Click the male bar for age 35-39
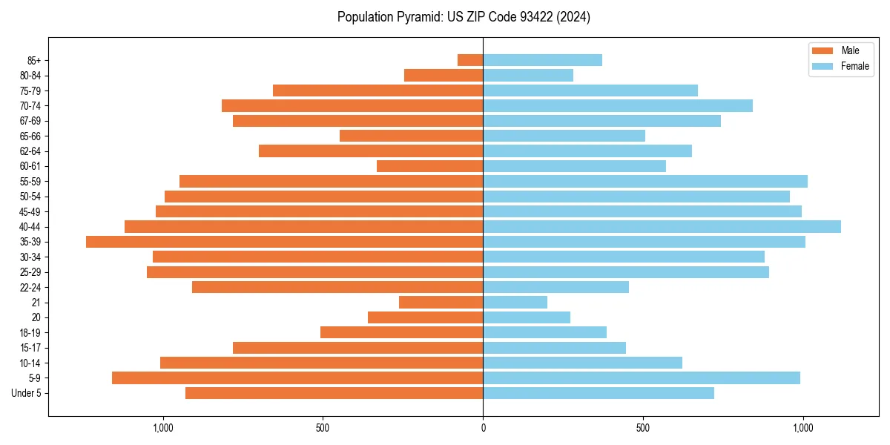click(x=284, y=242)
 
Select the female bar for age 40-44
click(x=662, y=226)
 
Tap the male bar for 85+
click(x=470, y=60)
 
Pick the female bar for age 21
click(x=515, y=303)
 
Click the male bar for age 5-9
click(x=297, y=378)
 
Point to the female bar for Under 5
click(x=599, y=393)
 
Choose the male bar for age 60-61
click(x=429, y=166)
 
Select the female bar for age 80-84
click(x=528, y=75)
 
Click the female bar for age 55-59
click(x=645, y=181)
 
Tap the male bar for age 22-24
click(x=337, y=287)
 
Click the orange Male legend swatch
click(x=823, y=50)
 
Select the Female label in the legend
click(x=855, y=66)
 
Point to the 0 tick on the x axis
click(x=483, y=428)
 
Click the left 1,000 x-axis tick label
click(x=162, y=428)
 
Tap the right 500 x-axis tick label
click(x=643, y=428)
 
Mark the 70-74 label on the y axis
click(x=30, y=105)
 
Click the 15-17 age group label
click(x=30, y=348)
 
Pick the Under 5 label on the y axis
click(x=27, y=393)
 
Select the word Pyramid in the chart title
click(x=417, y=17)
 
